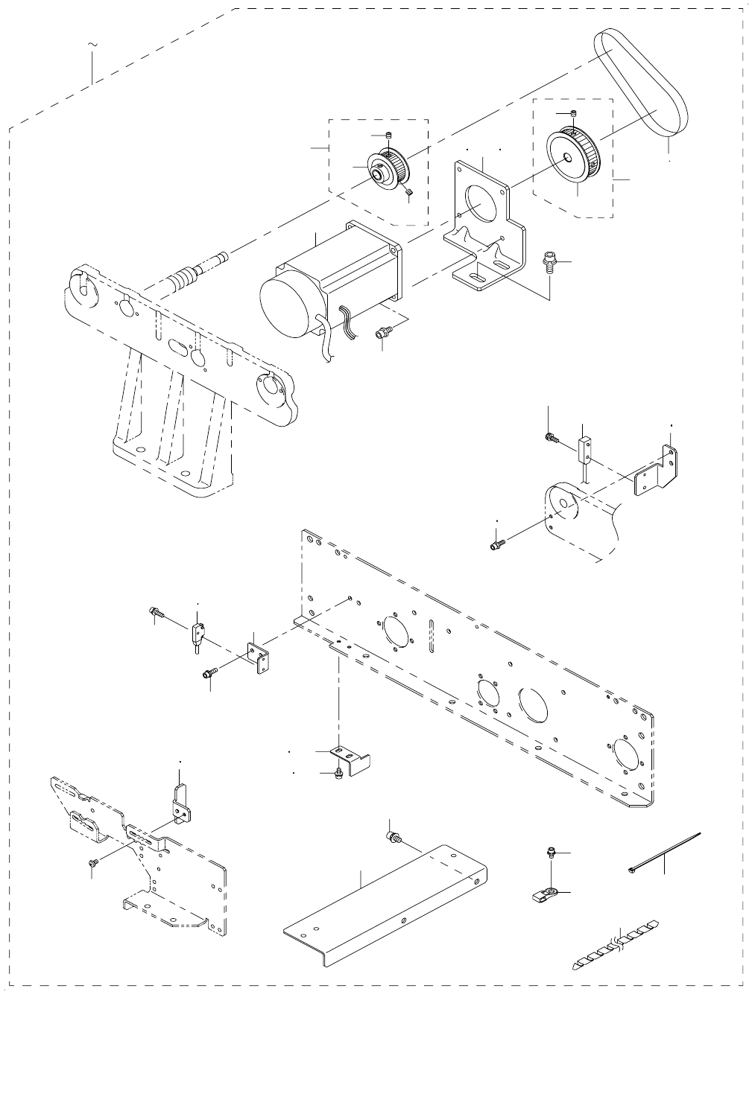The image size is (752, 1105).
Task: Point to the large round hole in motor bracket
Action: coord(482,203)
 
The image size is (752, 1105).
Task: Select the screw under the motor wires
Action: coord(382,334)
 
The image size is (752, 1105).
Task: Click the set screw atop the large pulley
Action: coord(573,113)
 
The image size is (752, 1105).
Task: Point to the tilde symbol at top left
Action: coord(92,46)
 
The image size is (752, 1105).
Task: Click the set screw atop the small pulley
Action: coord(389,134)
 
